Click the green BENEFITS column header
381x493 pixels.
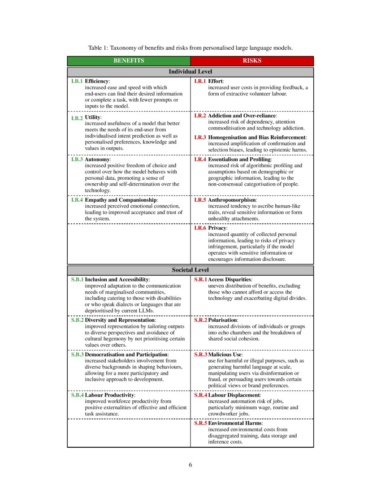(x=129, y=61)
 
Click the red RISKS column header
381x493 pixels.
(x=252, y=61)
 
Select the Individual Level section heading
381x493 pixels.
(x=190, y=72)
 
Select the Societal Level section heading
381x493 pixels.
(x=190, y=270)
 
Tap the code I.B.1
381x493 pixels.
(x=77, y=81)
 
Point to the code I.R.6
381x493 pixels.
(x=200, y=228)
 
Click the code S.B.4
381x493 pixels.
(x=77, y=395)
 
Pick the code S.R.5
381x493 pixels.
(x=200, y=423)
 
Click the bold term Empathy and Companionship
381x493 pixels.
(x=121, y=200)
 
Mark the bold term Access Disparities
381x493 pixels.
(x=230, y=280)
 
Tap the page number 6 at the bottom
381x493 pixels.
(x=190, y=465)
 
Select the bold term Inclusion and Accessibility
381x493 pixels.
(x=117, y=280)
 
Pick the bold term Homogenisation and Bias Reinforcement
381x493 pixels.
(x=257, y=137)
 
